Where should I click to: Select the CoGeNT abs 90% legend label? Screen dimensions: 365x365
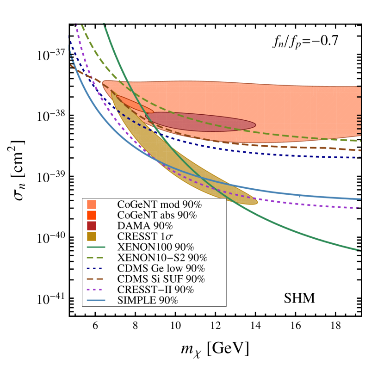(x=157, y=215)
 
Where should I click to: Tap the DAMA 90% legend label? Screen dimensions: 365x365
(x=145, y=226)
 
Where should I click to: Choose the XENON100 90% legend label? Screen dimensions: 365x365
(x=155, y=247)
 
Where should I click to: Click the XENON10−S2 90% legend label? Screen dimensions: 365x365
(x=162, y=258)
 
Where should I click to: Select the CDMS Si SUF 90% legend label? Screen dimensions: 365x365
(x=161, y=279)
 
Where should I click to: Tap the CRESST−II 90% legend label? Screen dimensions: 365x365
(x=155, y=290)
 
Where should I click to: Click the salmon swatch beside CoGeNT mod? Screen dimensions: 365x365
(x=92, y=204)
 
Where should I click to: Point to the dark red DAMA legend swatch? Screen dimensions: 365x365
(x=92, y=226)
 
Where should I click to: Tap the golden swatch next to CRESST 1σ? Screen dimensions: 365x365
(x=92, y=236)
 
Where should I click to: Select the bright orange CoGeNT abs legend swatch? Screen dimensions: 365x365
(x=92, y=215)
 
